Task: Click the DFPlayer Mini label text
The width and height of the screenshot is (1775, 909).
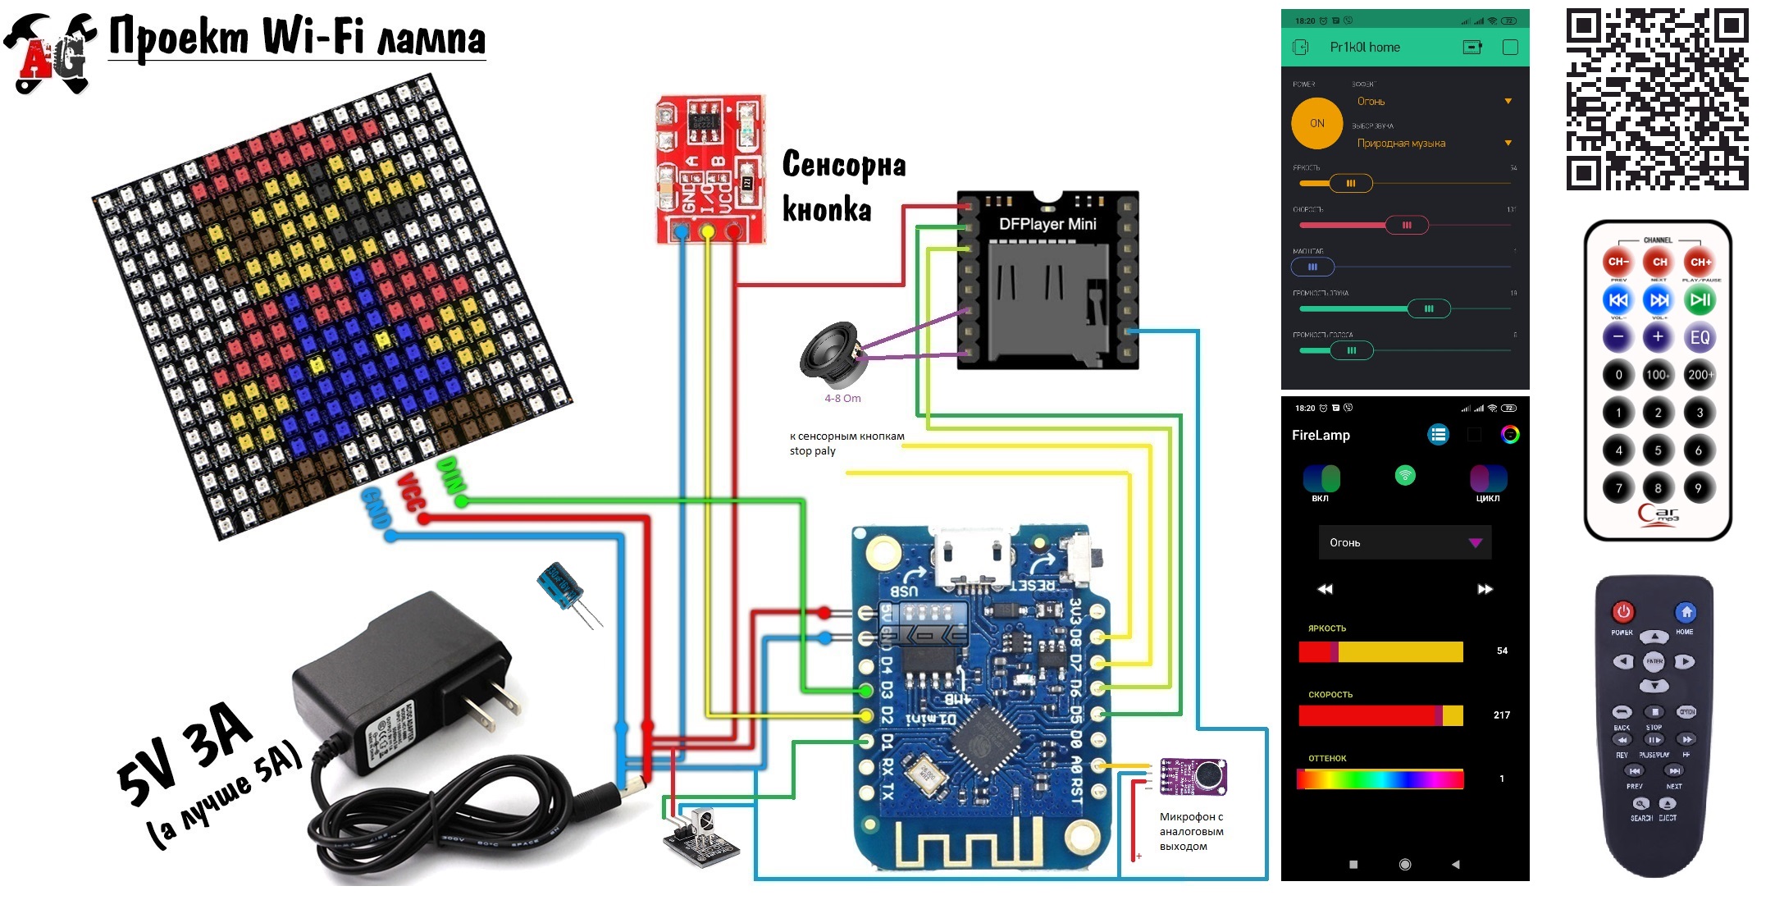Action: click(x=1047, y=224)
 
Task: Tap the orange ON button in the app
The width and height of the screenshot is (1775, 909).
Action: click(x=1316, y=124)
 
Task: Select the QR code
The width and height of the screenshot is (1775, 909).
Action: click(x=1657, y=99)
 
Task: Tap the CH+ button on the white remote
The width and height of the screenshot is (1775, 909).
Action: click(x=1700, y=262)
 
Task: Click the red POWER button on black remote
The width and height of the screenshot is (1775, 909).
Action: click(x=1622, y=612)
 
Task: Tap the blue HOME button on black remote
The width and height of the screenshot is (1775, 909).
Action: click(x=1686, y=612)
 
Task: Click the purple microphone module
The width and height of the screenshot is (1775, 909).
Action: click(x=1194, y=776)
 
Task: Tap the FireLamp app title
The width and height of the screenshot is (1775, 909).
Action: click(x=1321, y=436)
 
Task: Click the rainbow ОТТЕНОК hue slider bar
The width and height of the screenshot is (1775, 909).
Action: click(x=1380, y=779)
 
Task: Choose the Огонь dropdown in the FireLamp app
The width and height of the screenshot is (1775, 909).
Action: click(x=1404, y=542)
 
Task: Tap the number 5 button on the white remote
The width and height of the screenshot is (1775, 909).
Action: click(x=1658, y=450)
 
